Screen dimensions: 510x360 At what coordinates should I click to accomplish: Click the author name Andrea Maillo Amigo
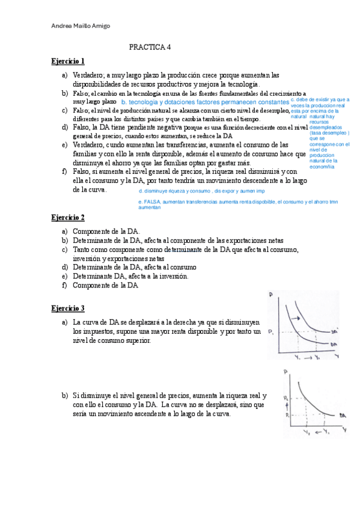tap(82, 25)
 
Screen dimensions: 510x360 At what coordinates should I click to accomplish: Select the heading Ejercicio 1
tap(68, 61)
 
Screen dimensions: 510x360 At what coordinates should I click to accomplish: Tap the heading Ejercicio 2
tap(68, 217)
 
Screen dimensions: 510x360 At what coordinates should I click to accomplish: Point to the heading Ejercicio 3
tap(68, 308)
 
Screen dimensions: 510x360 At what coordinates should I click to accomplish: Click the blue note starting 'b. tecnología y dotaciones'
tap(205, 103)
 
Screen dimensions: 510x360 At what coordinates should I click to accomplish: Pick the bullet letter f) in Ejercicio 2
tap(64, 285)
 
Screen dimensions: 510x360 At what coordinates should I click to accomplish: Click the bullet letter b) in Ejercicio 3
tap(64, 396)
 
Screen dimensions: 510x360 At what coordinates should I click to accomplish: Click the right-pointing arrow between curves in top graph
tap(297, 318)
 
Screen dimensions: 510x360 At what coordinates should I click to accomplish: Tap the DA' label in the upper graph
tap(334, 330)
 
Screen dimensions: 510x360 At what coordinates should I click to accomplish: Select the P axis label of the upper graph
tap(272, 295)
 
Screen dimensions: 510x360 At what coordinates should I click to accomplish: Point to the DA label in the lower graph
tap(341, 415)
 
